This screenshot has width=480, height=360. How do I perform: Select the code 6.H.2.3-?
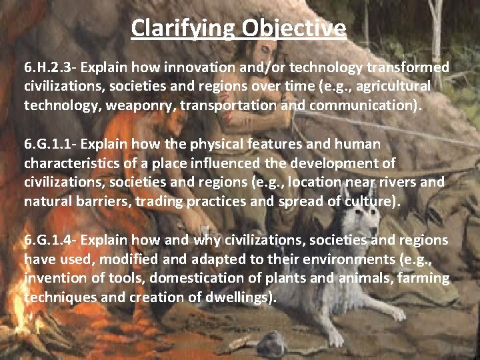50,68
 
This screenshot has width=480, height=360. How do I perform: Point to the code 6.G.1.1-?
50,144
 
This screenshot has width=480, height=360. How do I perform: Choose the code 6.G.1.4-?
50,240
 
